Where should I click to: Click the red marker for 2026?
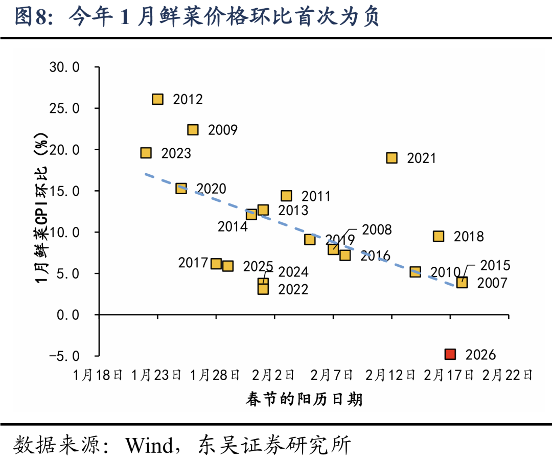tap(450, 354)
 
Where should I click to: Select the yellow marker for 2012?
tap(157, 99)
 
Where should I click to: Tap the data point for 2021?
tap(392, 158)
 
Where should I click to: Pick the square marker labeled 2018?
tap(439, 236)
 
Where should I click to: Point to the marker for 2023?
tap(146, 153)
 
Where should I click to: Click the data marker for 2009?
tap(193, 130)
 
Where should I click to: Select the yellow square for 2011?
tap(286, 196)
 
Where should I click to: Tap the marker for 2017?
tap(216, 264)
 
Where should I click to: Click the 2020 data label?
tap(211, 189)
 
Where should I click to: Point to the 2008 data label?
tap(377, 230)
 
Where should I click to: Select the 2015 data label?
tap(495, 265)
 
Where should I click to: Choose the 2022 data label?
tap(293, 290)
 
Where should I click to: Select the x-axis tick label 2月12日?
tap(390, 376)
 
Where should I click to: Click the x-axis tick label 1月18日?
tap(98, 376)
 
